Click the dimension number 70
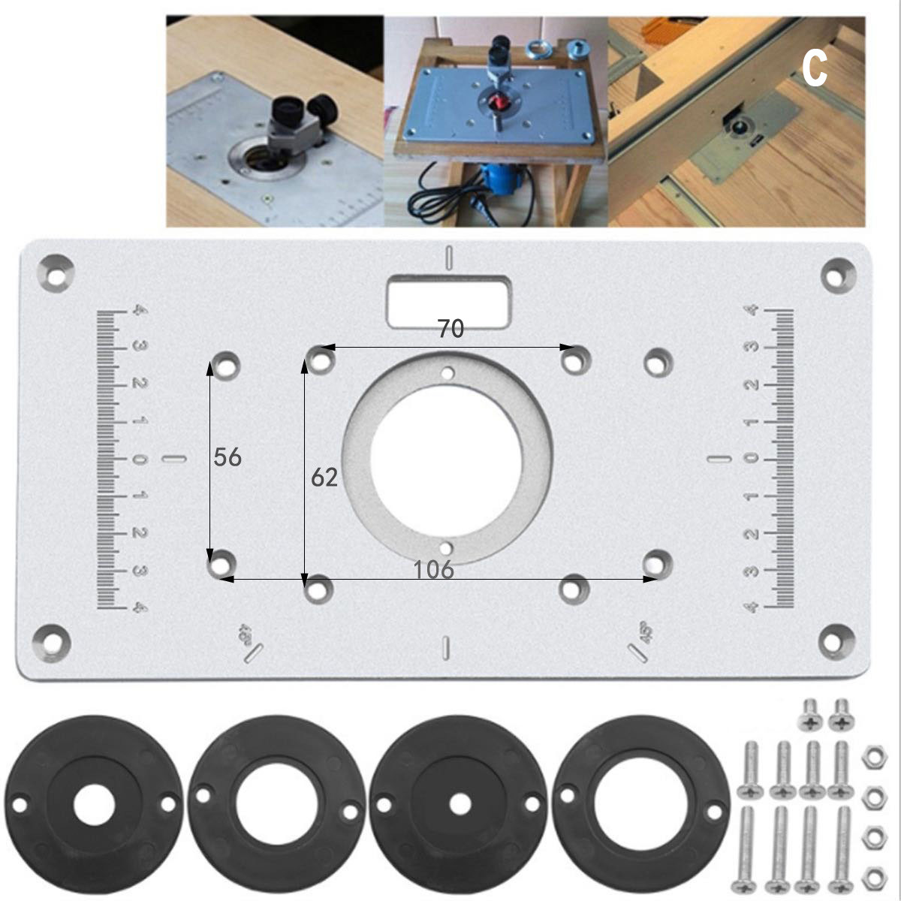tap(450, 329)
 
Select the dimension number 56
tap(228, 457)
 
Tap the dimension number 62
tap(324, 477)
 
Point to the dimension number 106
tap(434, 570)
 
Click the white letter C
tap(814, 70)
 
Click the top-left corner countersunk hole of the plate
tap(57, 271)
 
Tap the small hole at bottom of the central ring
tap(447, 547)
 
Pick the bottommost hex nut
tap(872, 875)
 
